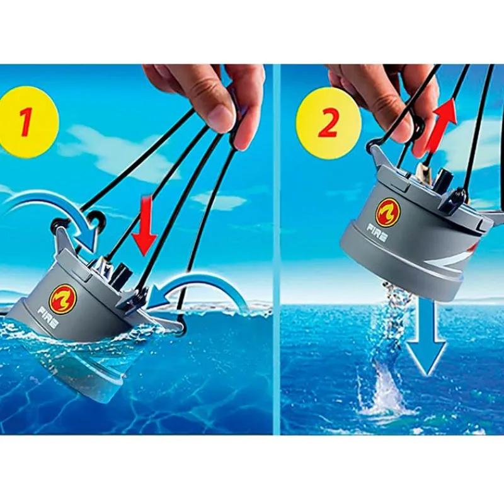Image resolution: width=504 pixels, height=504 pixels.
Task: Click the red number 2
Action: click(x=328, y=123)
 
